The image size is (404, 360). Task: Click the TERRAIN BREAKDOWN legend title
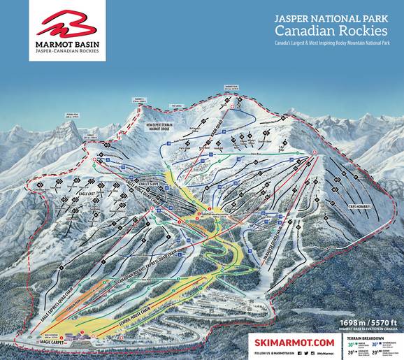(x=370, y=335)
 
